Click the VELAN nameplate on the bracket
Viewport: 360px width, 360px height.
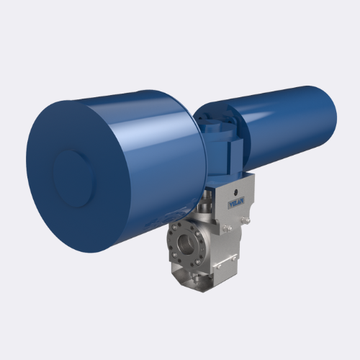click(x=236, y=204)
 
